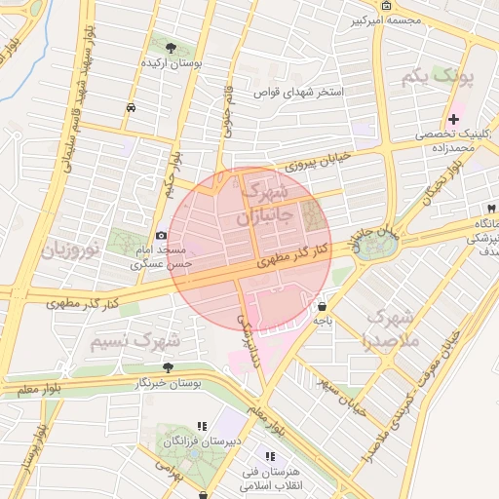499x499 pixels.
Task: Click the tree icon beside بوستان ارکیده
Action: point(172,47)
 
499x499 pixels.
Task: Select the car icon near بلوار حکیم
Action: point(131,108)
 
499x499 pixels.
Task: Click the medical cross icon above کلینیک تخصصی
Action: point(453,119)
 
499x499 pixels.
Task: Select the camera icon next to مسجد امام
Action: point(161,236)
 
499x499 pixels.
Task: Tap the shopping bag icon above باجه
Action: point(321,306)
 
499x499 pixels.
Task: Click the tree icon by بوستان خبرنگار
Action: point(169,367)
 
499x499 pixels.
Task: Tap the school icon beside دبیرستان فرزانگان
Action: point(203,426)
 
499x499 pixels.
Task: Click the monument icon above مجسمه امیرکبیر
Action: point(387,6)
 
